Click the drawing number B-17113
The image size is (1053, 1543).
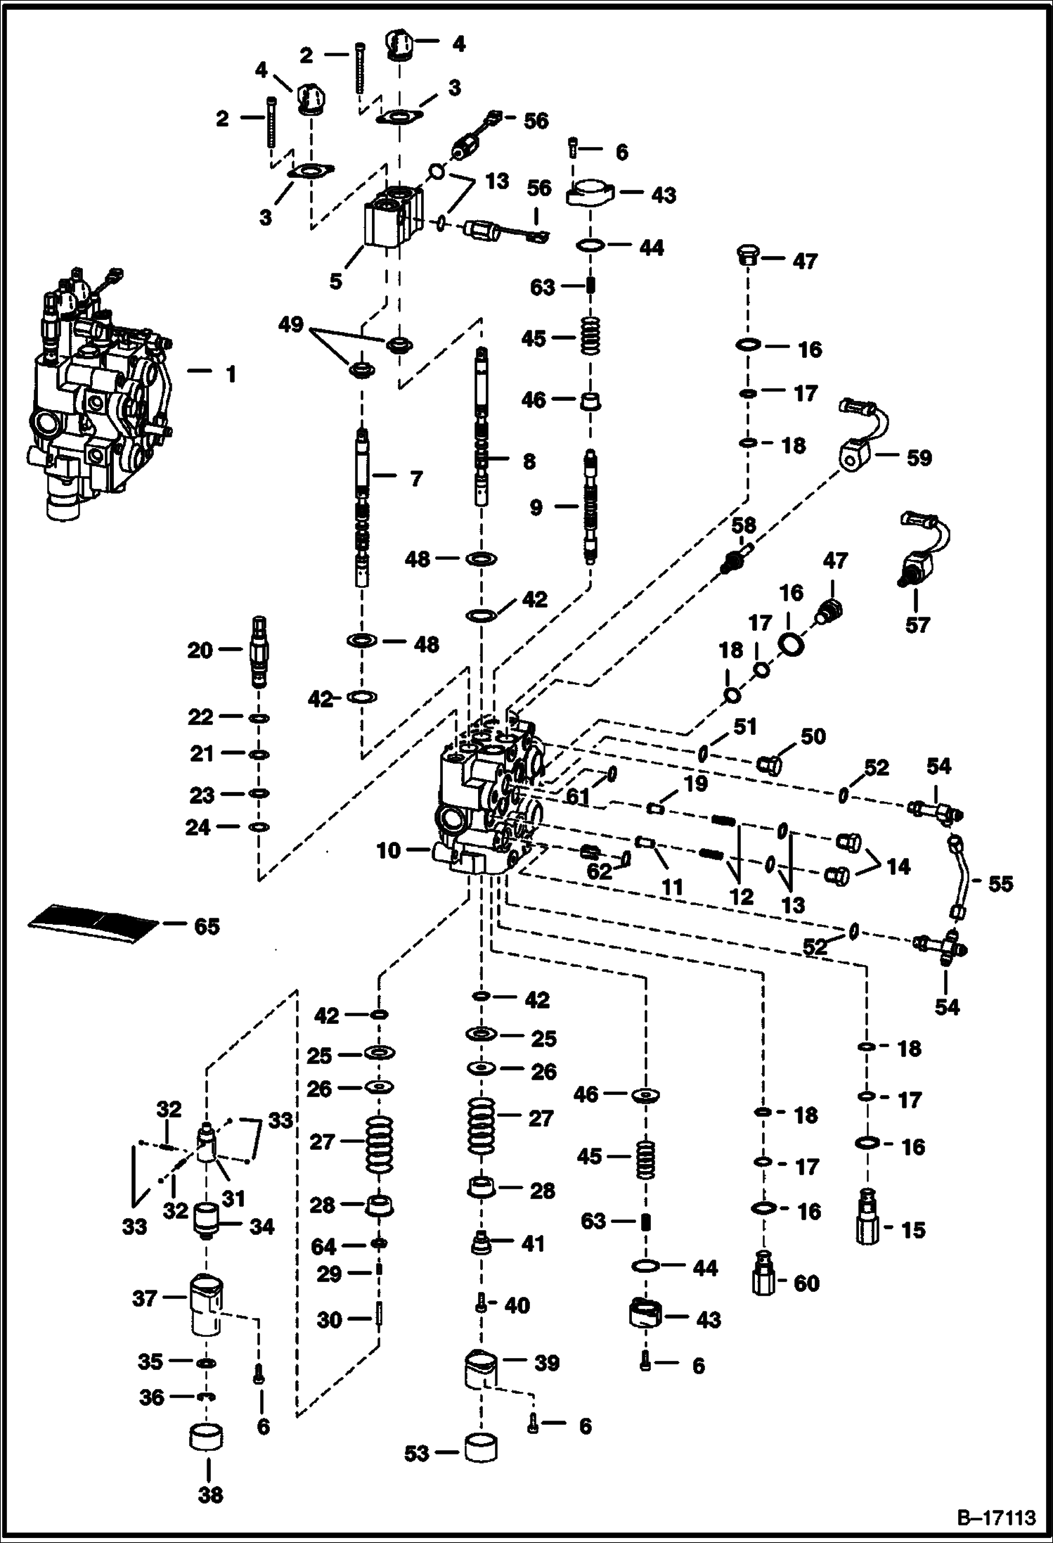coord(997,1518)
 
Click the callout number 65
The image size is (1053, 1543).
coord(207,926)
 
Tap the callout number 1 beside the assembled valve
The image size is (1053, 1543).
coord(231,374)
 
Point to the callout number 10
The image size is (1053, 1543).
coord(388,851)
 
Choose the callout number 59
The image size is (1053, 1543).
coord(919,458)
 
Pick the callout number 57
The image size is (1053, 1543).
coord(917,625)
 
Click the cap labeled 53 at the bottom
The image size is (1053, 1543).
coord(480,1453)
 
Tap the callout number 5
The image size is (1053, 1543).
coord(336,281)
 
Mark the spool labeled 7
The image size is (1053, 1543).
coord(362,506)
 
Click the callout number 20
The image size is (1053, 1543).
coord(200,651)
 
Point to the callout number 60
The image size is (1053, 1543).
coord(806,1283)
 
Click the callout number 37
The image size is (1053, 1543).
coord(144,1298)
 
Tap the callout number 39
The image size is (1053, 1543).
coord(547,1362)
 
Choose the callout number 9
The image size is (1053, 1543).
coord(536,507)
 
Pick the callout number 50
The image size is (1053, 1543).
coord(813,736)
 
